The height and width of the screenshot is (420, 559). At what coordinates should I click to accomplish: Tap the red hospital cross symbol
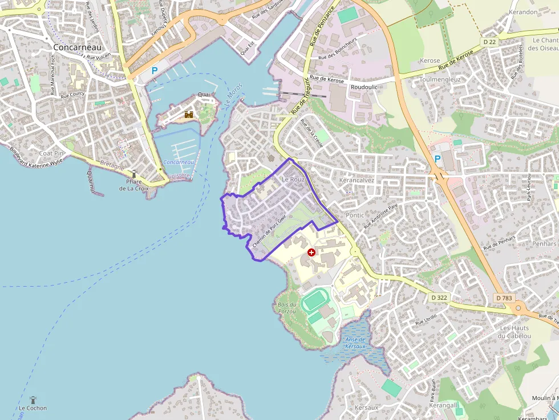coord(311,252)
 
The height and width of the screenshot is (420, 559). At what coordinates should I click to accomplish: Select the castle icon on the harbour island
coord(189,114)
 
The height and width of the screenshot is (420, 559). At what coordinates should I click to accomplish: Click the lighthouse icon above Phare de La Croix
coord(135,174)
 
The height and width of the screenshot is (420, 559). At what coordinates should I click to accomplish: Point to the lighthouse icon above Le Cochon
coord(33,399)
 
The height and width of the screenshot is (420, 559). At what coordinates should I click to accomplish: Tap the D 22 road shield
coord(489,42)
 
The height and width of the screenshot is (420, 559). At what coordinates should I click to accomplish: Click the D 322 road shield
coord(439,297)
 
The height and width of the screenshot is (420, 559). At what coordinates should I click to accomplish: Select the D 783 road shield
coord(504,297)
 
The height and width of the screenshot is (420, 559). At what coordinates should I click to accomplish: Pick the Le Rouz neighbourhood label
coord(293,179)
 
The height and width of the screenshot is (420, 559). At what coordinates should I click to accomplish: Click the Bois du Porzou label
coord(286,308)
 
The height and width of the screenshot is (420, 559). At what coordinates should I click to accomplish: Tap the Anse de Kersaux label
coord(355,343)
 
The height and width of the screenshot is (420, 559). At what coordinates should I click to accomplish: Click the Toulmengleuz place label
coord(440,80)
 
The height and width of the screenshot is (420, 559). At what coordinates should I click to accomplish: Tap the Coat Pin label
coord(51,153)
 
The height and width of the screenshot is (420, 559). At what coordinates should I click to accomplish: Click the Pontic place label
coord(355,215)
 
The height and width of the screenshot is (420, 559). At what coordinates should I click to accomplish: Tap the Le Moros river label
coord(234,96)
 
